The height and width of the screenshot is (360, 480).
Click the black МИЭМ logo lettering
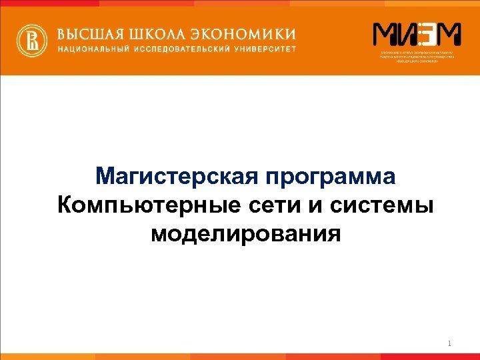[x=416, y=34]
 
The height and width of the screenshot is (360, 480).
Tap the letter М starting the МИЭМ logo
[x=385, y=34]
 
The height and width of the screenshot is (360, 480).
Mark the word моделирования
[x=246, y=235]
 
